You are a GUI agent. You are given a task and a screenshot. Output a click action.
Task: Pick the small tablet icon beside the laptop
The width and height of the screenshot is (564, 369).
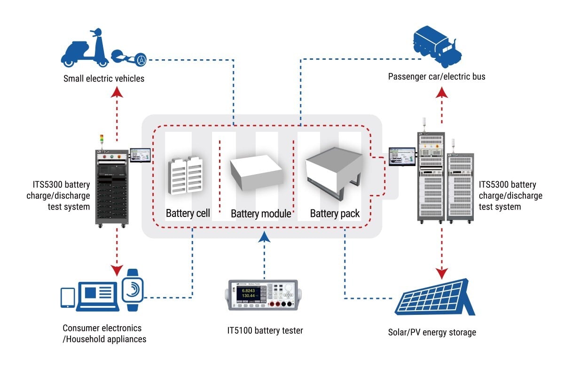coord(68,297)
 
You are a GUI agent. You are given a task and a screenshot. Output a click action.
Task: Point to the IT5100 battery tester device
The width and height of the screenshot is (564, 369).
coord(263,295)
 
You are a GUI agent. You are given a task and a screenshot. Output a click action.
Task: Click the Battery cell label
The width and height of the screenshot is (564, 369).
coord(188,213)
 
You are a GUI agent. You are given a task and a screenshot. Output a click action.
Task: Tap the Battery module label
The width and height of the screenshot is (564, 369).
coord(261,214)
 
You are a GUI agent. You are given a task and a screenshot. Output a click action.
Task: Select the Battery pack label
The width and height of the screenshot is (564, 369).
coord(335,214)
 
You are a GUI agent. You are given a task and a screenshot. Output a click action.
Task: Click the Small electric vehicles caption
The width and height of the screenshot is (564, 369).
coord(104,79)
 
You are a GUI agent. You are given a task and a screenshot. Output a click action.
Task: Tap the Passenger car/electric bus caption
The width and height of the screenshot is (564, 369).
coord(437,76)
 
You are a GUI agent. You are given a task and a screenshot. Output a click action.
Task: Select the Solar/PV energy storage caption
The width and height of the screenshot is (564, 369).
coord(432,332)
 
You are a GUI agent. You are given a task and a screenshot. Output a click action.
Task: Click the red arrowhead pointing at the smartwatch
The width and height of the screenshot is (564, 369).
coord(117,270)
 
